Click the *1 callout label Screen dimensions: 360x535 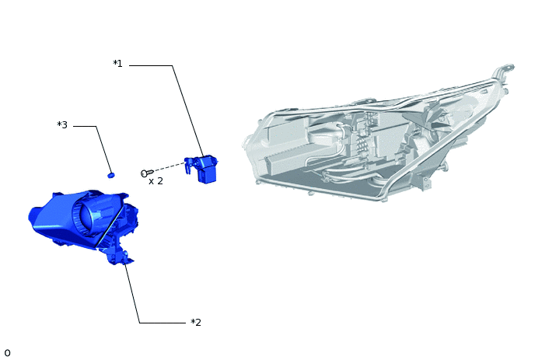[117, 64]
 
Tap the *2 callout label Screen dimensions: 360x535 [196, 323]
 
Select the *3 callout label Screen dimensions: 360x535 [62, 125]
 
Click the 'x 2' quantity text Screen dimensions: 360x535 [156, 181]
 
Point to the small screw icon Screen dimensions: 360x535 [145, 173]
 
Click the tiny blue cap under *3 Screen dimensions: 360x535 [111, 175]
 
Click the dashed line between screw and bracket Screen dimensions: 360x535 [167, 167]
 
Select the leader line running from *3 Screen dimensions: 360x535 [103, 148]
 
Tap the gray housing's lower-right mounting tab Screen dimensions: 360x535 [425, 183]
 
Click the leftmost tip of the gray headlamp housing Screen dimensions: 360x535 [245, 143]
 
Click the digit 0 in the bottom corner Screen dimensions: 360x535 [7, 353]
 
